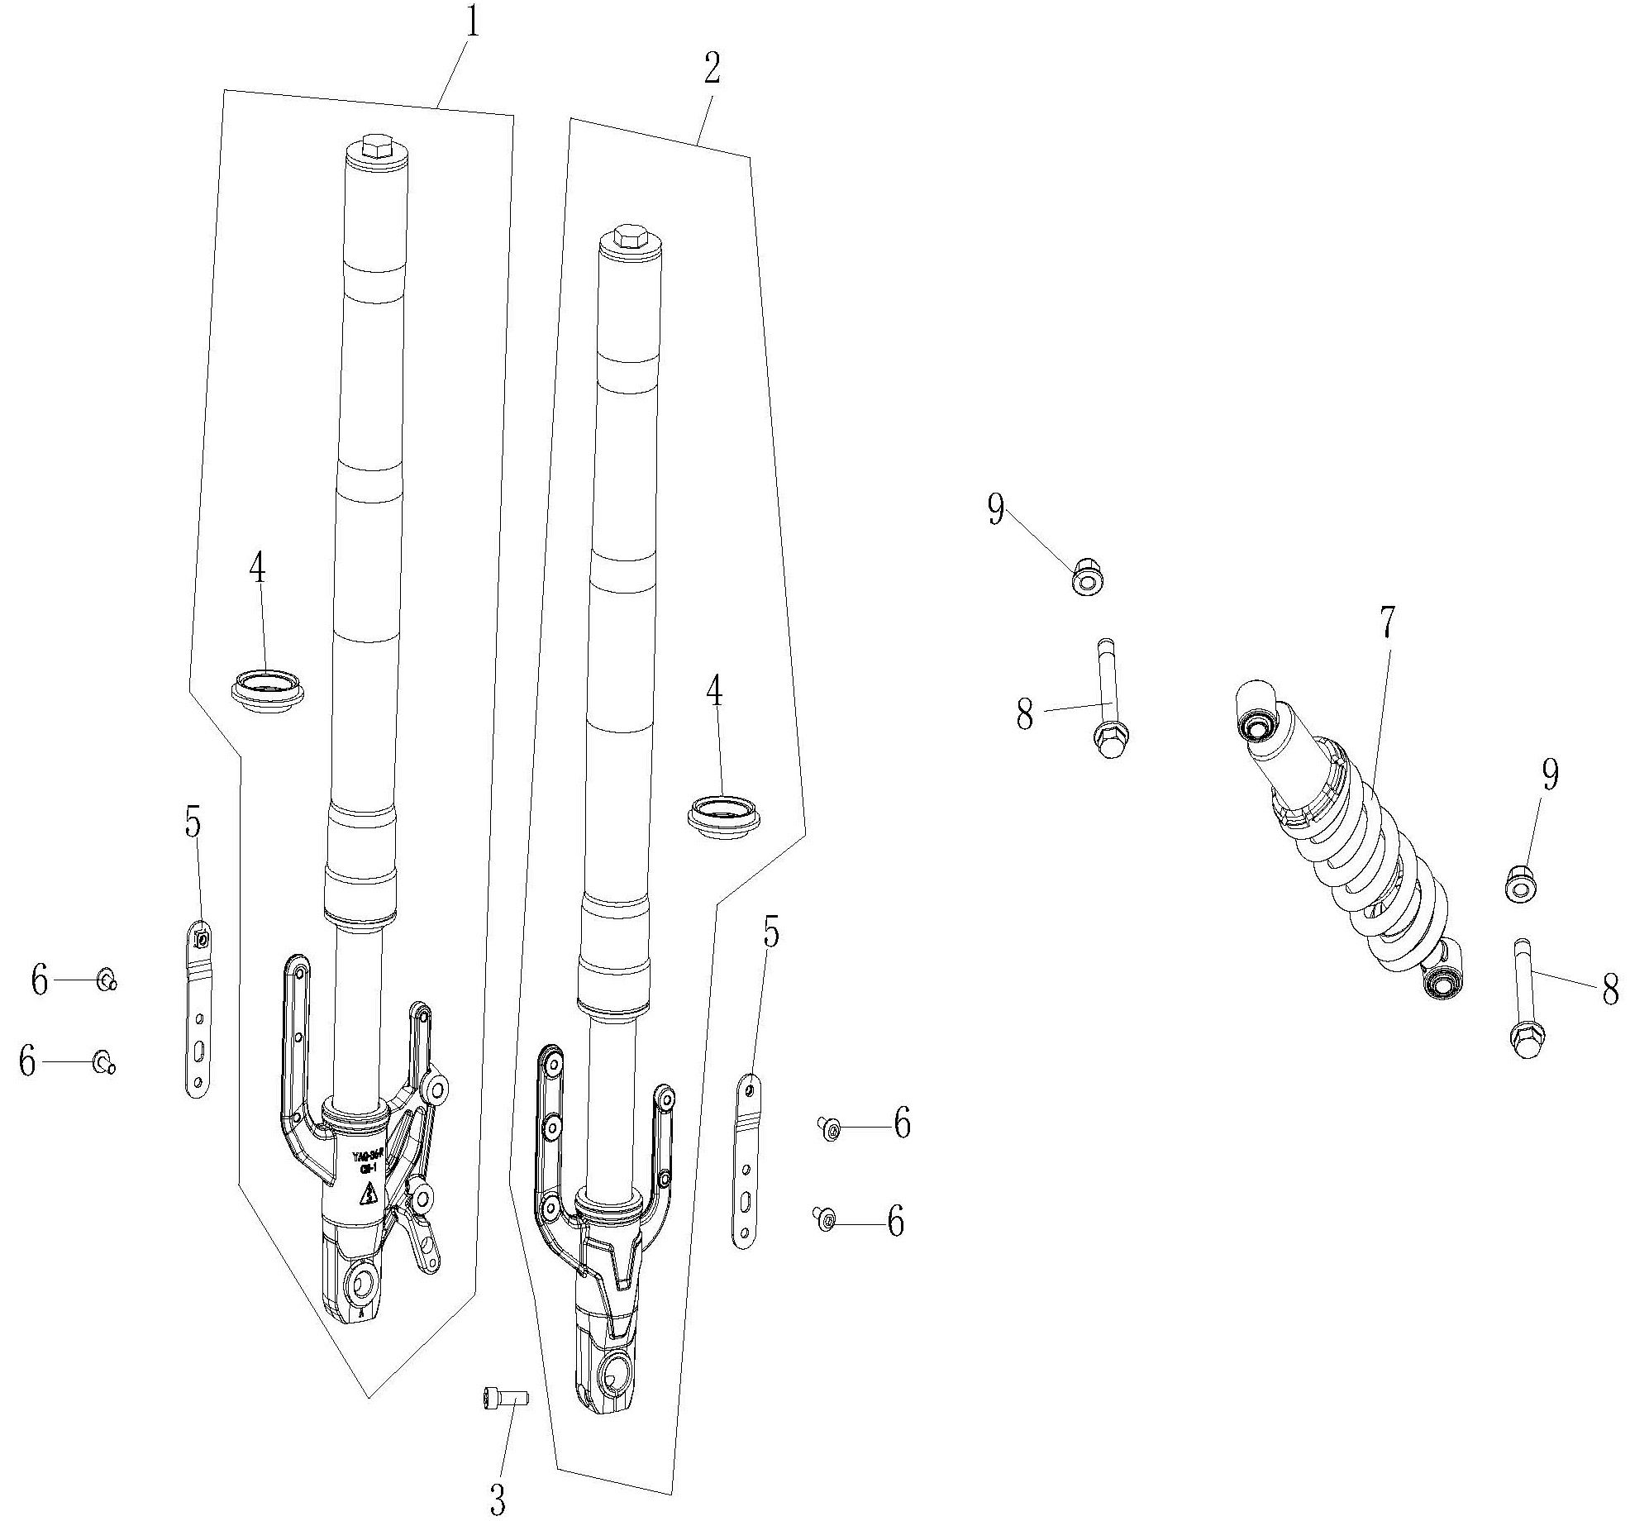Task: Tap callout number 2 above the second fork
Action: coord(712,71)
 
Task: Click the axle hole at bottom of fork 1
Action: coord(363,1284)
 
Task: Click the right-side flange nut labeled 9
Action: coord(1519,885)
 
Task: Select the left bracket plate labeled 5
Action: coord(198,1008)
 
